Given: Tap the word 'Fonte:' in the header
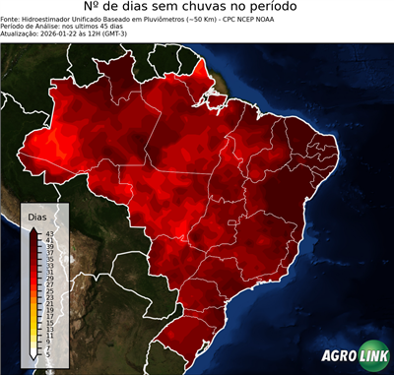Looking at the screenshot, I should click(11, 23).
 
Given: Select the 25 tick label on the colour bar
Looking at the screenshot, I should click(49, 290).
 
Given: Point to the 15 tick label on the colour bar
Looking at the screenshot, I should click(49, 322).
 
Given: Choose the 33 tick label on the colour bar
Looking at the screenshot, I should click(49, 265).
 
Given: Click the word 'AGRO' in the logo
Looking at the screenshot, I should click(338, 358).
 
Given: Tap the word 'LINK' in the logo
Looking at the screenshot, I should click(372, 358).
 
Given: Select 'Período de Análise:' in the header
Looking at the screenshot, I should click(32, 30).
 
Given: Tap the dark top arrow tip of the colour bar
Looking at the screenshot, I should click(35, 227).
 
